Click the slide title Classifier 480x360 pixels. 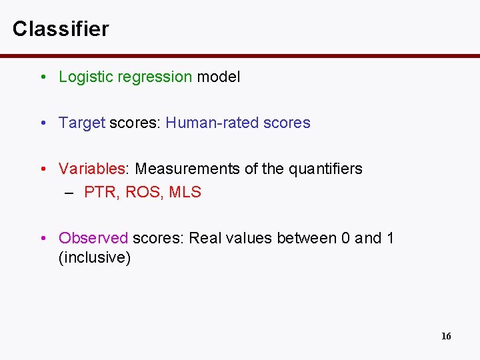60,29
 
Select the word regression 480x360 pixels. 154,77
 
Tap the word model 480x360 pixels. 218,77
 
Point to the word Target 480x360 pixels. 82,123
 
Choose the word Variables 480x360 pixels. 93,169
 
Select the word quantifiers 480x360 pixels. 325,169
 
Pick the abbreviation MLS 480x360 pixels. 185,192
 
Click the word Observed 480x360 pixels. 93,238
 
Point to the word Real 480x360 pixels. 205,238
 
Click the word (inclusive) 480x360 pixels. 95,258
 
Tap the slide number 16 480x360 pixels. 446,336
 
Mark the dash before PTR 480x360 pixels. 69,193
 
